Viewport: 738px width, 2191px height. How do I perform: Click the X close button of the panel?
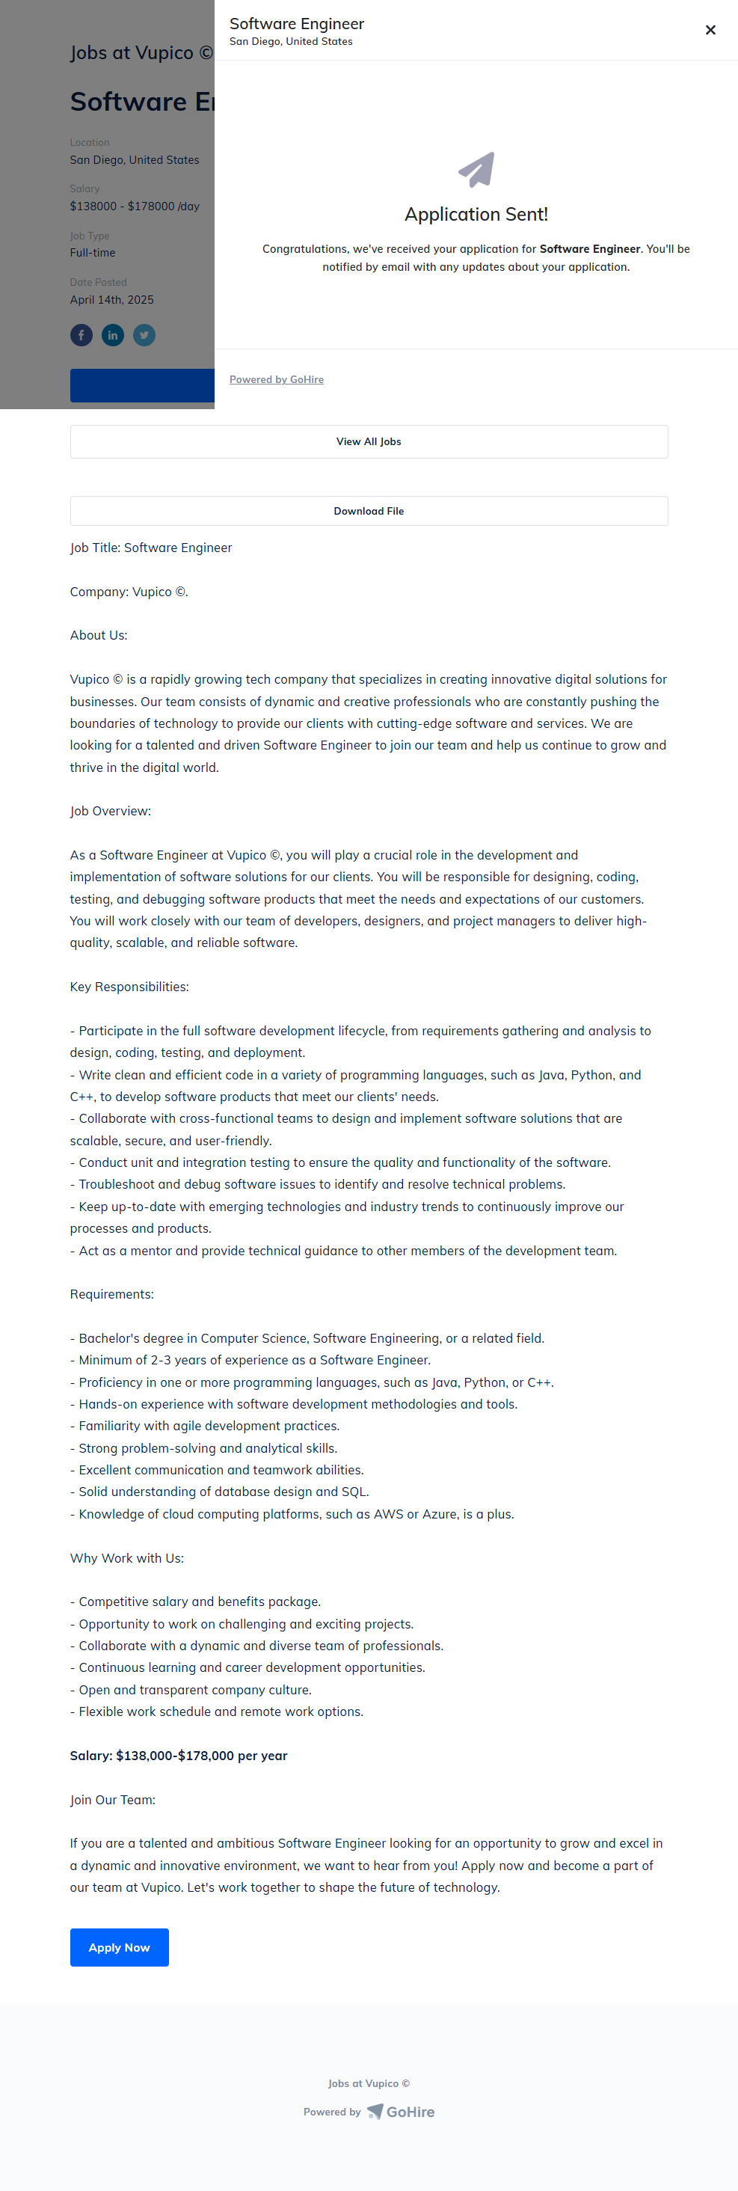(x=710, y=31)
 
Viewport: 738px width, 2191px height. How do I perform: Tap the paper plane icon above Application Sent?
(x=476, y=169)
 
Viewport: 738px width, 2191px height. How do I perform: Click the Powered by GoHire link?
(x=277, y=379)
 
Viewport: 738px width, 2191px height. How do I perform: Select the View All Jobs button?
(x=369, y=441)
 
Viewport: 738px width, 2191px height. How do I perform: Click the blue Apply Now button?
(x=119, y=1947)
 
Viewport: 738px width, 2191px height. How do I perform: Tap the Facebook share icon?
(x=82, y=335)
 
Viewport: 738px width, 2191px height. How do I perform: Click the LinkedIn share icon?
(x=113, y=335)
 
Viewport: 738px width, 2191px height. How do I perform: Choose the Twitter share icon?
(x=144, y=335)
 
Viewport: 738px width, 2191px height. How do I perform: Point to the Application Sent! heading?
(x=476, y=215)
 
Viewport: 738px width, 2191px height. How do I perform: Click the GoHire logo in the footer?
(x=401, y=2111)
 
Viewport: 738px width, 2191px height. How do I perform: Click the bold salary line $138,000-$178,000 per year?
(x=179, y=1756)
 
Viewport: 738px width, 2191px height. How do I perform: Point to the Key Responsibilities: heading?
(x=129, y=987)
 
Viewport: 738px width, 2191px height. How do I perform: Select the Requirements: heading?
(x=111, y=1293)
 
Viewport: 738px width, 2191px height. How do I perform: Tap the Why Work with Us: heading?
(x=126, y=1557)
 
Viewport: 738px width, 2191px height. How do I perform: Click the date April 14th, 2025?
(x=112, y=299)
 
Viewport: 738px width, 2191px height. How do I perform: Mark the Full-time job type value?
(x=93, y=253)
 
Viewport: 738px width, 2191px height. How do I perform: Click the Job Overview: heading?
(x=111, y=811)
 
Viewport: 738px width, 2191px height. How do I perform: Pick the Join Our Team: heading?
(x=112, y=1800)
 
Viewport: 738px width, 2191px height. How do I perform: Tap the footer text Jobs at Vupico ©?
(x=369, y=2083)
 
